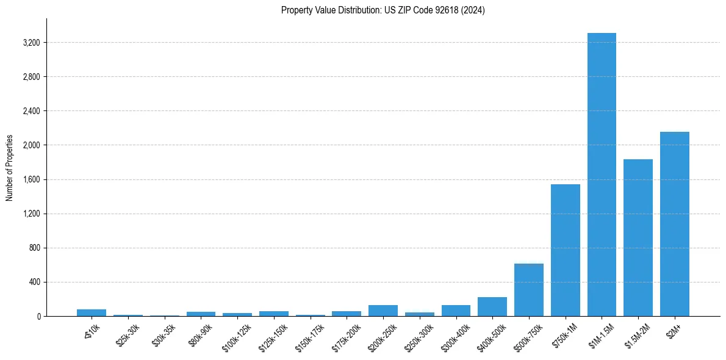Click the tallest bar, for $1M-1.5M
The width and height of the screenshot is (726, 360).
(602, 175)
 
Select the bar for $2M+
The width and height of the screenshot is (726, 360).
(674, 224)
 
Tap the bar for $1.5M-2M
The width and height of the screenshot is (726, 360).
(638, 238)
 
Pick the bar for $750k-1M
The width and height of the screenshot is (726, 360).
(565, 250)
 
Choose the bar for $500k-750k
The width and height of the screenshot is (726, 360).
(529, 290)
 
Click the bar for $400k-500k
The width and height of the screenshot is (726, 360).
(492, 307)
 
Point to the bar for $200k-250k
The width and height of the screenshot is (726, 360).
(383, 311)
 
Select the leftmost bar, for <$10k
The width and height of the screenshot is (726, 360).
(92, 312)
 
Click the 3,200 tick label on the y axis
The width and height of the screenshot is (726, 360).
(31, 43)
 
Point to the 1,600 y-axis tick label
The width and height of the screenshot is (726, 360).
(31, 179)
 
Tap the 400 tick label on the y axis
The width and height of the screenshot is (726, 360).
(34, 283)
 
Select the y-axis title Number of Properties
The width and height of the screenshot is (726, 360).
(10, 167)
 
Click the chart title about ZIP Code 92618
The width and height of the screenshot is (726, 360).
(383, 10)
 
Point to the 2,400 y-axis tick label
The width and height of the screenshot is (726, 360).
(31, 111)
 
